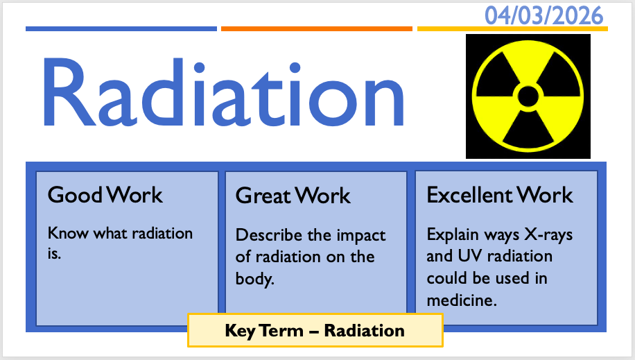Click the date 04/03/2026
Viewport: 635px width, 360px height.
544,16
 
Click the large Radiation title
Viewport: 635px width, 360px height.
223,92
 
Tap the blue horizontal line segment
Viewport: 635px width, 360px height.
121,28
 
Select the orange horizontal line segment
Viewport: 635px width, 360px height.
317,28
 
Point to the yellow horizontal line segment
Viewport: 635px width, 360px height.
512,28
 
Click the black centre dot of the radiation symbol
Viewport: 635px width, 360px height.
528,96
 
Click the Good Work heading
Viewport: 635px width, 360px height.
105,195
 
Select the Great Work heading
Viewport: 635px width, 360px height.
293,196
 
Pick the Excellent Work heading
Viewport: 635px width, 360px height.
500,195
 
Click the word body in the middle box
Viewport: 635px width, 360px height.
254,280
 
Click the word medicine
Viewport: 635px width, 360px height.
462,300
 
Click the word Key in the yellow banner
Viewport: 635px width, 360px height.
240,331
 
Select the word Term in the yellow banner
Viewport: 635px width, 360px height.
281,331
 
